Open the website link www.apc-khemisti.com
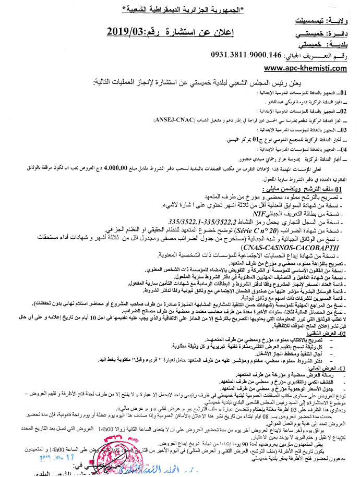point(298,68)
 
